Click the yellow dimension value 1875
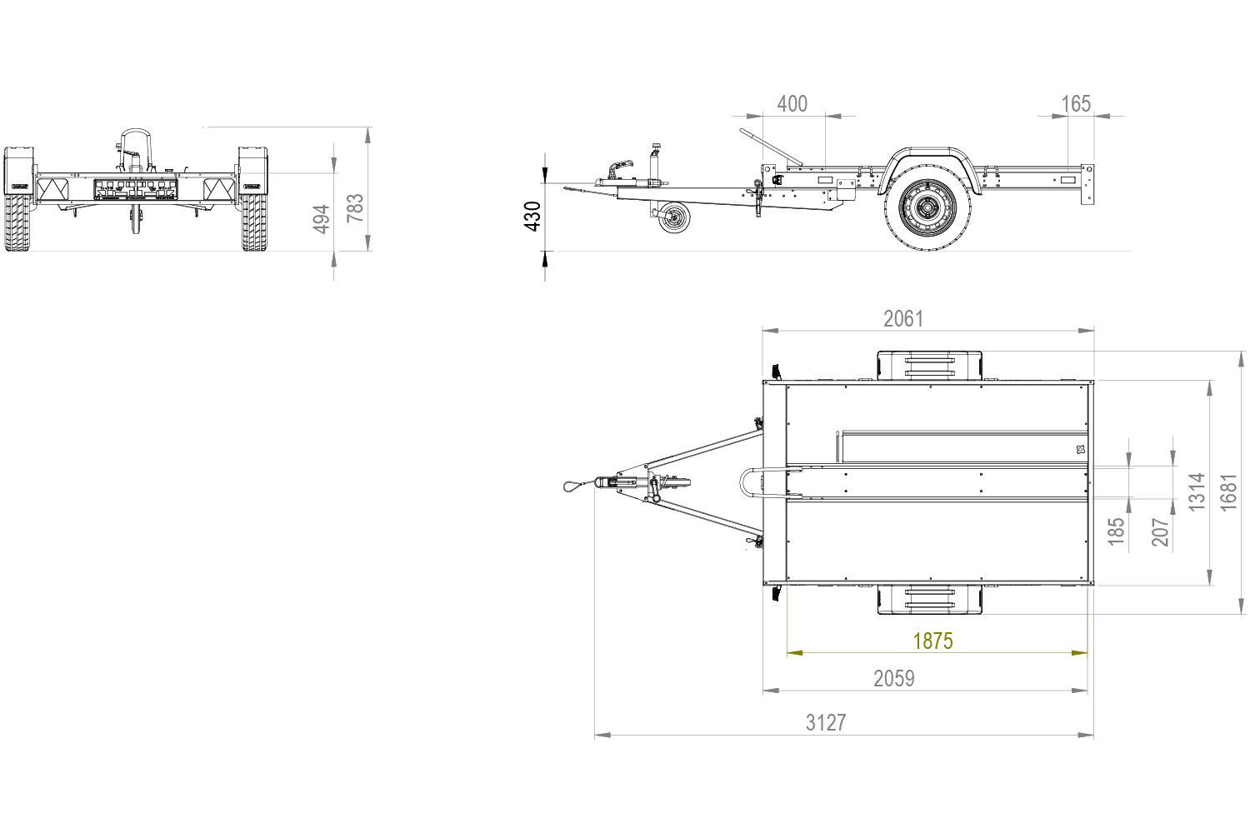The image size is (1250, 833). click(932, 641)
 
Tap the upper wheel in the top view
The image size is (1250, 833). click(929, 365)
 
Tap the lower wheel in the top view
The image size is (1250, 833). click(929, 599)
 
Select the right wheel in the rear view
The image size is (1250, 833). click(255, 200)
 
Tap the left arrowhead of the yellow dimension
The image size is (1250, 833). click(796, 654)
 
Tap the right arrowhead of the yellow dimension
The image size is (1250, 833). click(1080, 654)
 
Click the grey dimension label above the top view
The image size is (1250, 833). click(903, 317)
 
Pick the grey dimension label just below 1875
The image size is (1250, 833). click(896, 679)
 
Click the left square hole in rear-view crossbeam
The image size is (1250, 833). click(82, 190)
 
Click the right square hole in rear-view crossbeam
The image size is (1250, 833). click(191, 190)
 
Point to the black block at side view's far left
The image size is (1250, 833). click(530, 217)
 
